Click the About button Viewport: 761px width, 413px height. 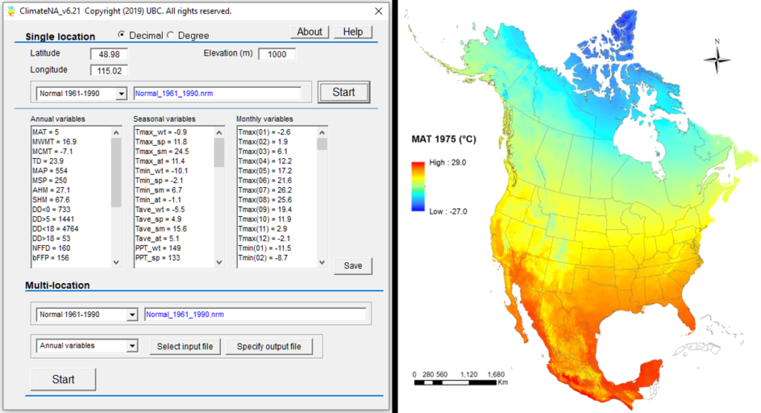(x=309, y=32)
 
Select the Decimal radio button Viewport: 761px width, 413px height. (x=121, y=35)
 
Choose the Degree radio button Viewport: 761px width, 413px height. (x=169, y=35)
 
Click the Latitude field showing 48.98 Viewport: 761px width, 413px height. (x=109, y=54)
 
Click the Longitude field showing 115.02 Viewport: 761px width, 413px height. (x=109, y=71)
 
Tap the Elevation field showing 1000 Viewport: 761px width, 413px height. (x=276, y=54)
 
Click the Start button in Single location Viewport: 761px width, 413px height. (x=343, y=92)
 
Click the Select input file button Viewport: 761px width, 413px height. (x=185, y=346)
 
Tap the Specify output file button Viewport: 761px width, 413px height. (x=268, y=346)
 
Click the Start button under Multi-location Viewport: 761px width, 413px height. (x=63, y=379)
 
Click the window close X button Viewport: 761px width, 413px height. (x=378, y=11)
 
